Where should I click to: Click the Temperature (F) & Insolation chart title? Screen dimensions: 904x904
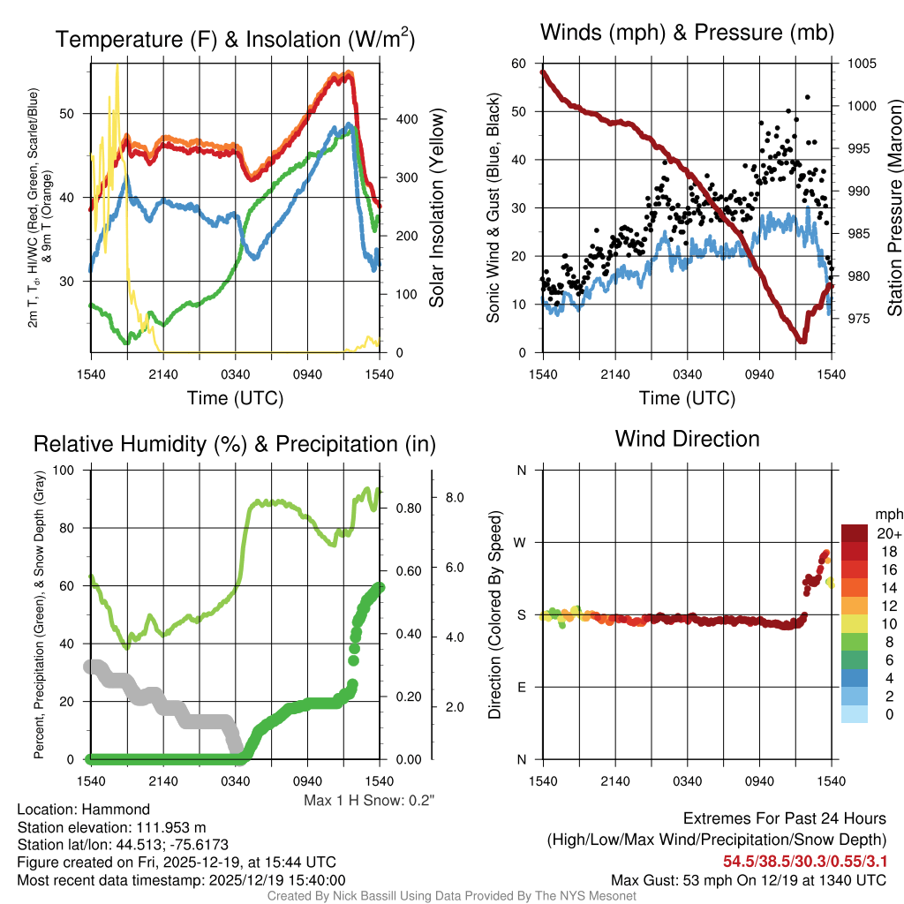pyautogui.click(x=235, y=39)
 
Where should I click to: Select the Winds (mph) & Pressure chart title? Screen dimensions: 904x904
pyautogui.click(x=687, y=33)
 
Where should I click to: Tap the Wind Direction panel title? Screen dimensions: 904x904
pyautogui.click(x=687, y=439)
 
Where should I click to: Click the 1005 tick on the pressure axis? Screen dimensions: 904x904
pyautogui.click(x=860, y=64)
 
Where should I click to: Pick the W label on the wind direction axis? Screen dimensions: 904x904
pyautogui.click(x=522, y=542)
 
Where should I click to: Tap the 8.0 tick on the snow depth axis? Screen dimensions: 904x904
pyautogui.click(x=454, y=498)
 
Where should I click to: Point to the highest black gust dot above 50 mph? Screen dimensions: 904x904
pyautogui.click(x=808, y=97)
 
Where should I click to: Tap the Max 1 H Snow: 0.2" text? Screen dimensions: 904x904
pyautogui.click(x=369, y=800)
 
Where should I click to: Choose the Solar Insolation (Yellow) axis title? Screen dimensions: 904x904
pyautogui.click(x=436, y=208)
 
